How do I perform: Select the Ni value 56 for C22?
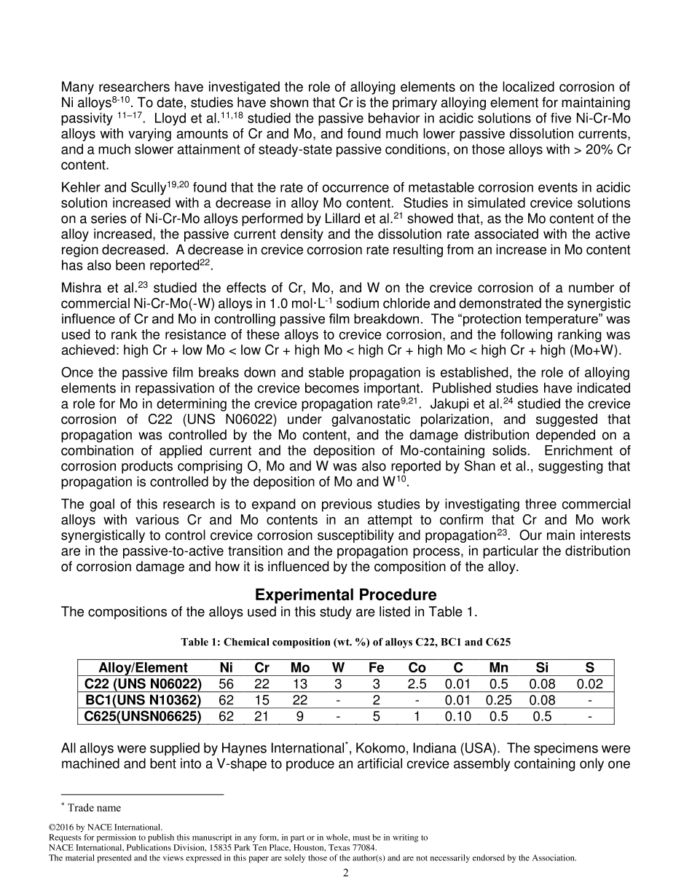tap(227, 684)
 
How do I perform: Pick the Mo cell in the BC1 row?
tap(299, 700)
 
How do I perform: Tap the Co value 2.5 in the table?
tap(417, 684)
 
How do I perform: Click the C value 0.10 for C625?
tap(457, 716)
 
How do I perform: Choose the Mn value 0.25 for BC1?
tap(498, 700)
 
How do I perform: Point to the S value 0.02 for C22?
tap(589, 684)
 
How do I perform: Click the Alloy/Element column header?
tap(143, 668)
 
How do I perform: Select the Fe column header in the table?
tap(377, 668)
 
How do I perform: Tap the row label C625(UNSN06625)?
tap(143, 716)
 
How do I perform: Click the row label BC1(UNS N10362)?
tap(143, 700)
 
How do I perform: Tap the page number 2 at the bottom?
tap(346, 873)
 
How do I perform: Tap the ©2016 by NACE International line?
tap(105, 828)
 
